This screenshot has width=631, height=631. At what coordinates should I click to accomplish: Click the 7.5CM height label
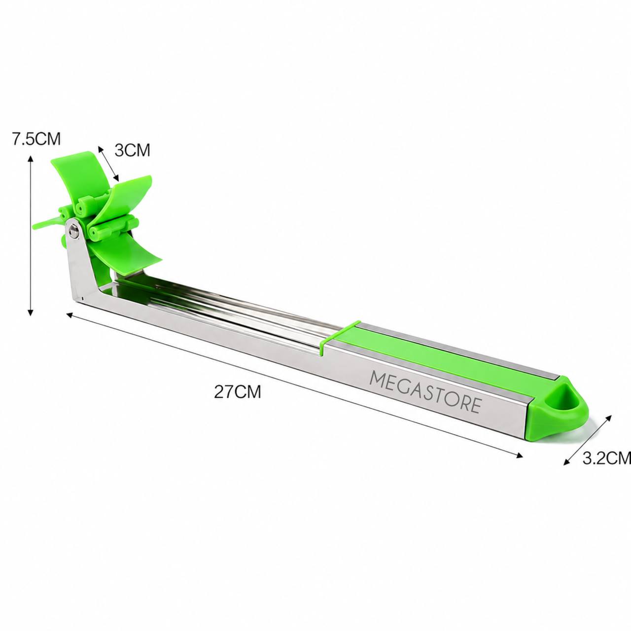(36, 139)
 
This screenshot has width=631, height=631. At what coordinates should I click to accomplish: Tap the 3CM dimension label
(132, 150)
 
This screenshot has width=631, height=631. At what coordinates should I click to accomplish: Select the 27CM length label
(238, 391)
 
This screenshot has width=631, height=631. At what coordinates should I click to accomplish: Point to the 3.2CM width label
(606, 458)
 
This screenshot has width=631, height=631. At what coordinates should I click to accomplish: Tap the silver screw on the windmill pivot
(74, 230)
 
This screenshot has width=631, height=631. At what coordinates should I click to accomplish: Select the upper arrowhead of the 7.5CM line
(31, 159)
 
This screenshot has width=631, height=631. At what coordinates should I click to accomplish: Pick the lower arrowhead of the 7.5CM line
(31, 312)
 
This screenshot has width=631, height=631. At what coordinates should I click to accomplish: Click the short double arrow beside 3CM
(108, 163)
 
